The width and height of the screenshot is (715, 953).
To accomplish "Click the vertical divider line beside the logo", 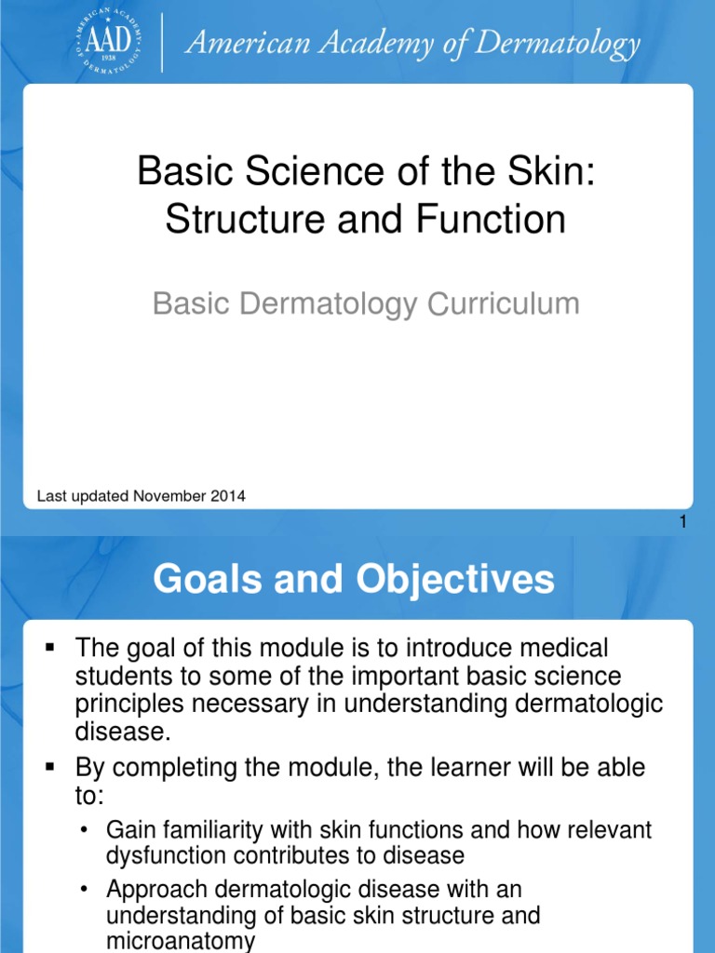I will pyautogui.click(x=164, y=43).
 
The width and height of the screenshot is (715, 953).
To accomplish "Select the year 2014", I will pyautogui.click(x=228, y=496).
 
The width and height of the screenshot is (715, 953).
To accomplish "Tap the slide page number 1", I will pyautogui.click(x=682, y=523).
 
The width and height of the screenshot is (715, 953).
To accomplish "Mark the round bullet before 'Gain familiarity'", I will pyautogui.click(x=86, y=829).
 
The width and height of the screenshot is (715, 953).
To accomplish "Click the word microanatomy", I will pyautogui.click(x=181, y=941).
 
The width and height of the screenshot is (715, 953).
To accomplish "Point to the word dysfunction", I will pyautogui.click(x=164, y=854).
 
